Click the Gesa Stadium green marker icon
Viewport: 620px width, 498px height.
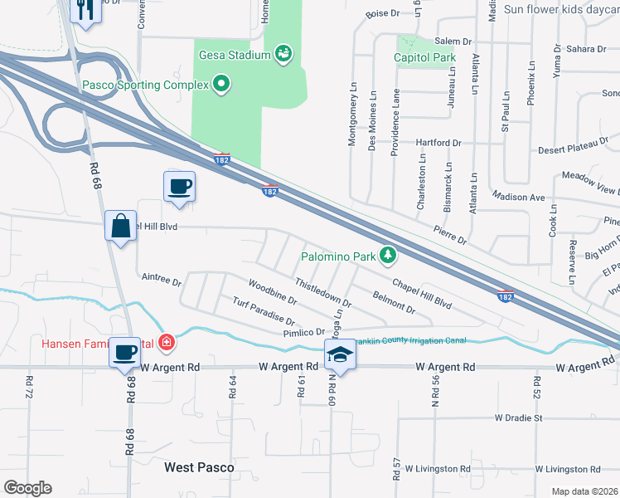click(284, 55)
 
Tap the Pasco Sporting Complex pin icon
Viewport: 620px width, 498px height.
click(221, 84)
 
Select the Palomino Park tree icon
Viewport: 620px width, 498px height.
click(387, 256)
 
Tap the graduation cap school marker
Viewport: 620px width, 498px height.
click(337, 355)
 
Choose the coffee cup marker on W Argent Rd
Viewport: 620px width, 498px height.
click(127, 354)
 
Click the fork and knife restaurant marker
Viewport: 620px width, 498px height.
click(85, 10)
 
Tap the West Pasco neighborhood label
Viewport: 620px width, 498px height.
click(199, 467)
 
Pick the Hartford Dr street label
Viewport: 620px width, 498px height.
click(438, 143)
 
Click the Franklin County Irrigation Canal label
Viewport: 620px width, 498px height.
click(411, 341)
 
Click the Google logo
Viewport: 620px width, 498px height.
click(27, 488)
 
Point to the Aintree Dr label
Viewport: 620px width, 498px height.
click(162, 280)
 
